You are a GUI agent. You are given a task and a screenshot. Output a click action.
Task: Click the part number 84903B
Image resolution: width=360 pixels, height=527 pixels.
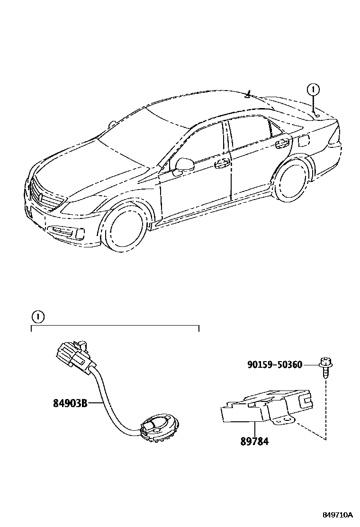click(70, 404)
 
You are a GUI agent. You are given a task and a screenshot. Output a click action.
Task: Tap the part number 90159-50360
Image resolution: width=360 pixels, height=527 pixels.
click(275, 364)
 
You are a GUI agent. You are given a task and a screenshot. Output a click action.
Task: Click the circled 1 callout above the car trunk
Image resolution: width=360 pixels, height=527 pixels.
click(313, 89)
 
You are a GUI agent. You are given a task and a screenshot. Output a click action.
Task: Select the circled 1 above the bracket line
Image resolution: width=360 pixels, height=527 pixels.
click(38, 316)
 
